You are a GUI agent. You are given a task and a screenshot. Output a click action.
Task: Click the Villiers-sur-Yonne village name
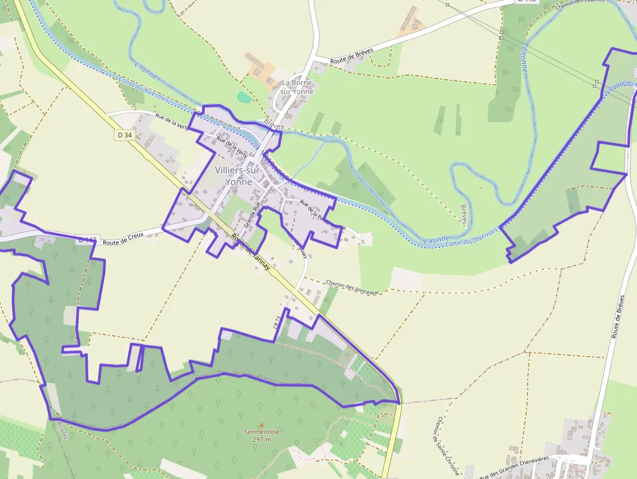pos(239,175)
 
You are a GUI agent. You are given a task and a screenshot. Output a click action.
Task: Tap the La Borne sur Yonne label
pos(297,87)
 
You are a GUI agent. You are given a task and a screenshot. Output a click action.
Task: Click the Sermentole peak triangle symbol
pos(262,426)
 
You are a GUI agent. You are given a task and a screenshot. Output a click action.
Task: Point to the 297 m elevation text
pos(261,439)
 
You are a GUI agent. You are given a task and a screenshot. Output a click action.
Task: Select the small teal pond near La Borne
pos(244,97)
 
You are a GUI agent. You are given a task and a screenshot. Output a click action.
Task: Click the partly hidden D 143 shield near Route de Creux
pos(87,240)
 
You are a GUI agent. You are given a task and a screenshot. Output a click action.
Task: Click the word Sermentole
pos(262,432)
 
